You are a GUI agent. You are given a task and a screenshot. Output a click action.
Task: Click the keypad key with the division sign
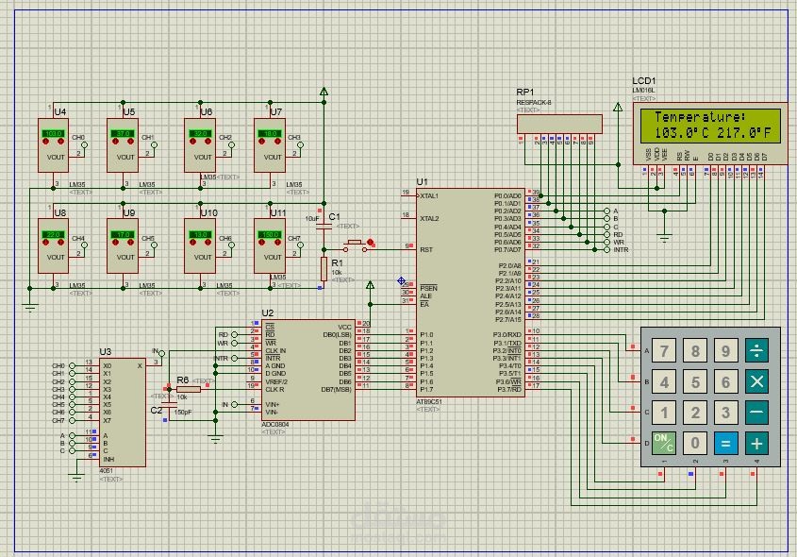(755, 353)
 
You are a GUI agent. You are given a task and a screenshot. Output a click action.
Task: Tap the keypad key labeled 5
(696, 382)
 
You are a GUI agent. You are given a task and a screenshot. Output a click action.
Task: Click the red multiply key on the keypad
(755, 382)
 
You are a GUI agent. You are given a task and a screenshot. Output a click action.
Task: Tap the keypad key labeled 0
(696, 443)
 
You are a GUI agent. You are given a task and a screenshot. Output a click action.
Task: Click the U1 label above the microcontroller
(422, 181)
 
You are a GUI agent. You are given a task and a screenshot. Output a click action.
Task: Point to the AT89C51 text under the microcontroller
(428, 401)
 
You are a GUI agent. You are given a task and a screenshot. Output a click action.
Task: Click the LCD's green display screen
(708, 125)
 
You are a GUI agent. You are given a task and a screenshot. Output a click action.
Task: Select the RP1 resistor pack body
(559, 124)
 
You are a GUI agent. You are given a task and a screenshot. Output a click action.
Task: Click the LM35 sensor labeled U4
(53, 145)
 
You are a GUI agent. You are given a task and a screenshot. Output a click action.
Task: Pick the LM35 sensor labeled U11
(269, 245)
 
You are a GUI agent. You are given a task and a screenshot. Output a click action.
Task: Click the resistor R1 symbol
(324, 267)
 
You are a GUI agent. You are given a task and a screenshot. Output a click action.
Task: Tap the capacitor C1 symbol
(324, 227)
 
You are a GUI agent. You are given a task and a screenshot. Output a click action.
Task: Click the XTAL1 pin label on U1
(430, 195)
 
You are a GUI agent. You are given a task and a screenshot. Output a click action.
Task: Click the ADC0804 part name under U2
(276, 425)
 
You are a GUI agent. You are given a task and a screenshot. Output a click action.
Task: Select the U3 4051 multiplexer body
(122, 412)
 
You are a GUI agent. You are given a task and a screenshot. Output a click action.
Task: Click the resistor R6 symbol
(188, 388)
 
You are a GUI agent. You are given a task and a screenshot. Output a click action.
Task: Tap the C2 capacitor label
(157, 410)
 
